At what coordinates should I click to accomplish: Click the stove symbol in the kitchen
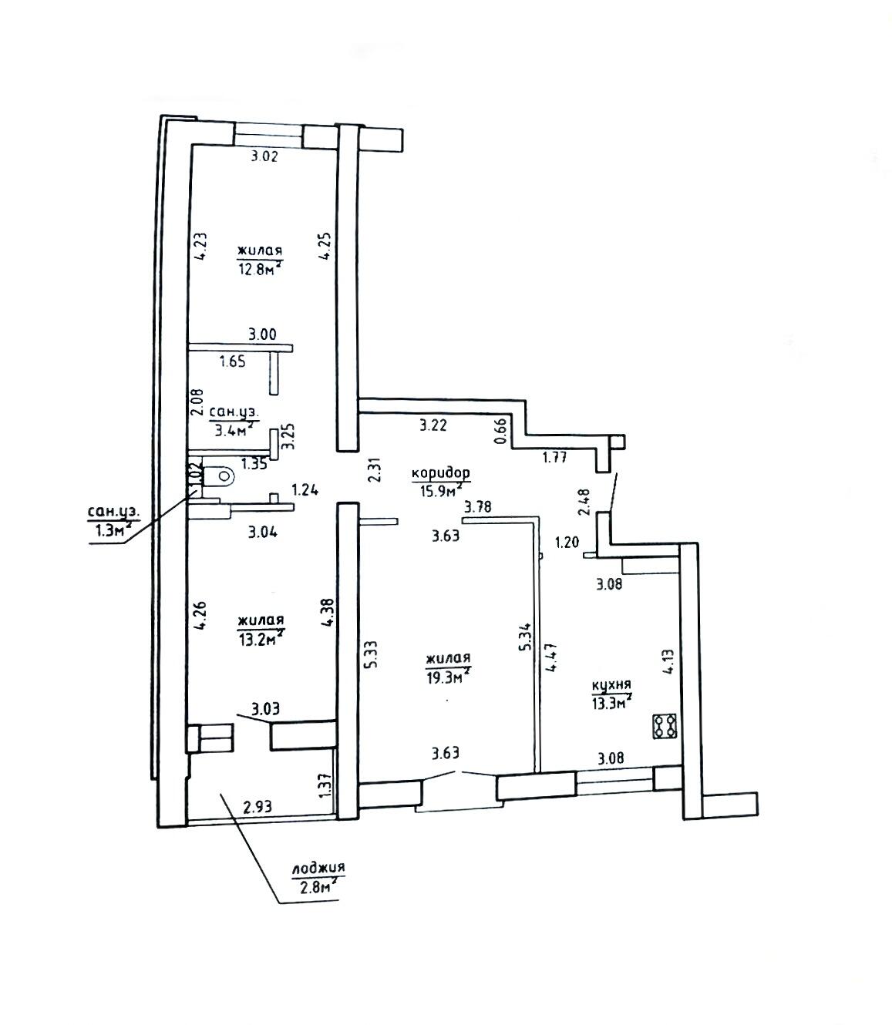tap(665, 726)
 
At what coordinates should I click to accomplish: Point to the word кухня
tap(611, 684)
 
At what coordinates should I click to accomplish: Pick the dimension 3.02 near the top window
tap(264, 156)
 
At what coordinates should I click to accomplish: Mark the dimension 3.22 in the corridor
tap(433, 426)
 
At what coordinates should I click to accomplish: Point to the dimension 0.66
tap(501, 432)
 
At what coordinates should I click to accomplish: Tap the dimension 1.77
tap(554, 456)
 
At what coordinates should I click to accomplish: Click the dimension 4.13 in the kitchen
tap(668, 662)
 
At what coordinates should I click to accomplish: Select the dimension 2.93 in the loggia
tap(257, 807)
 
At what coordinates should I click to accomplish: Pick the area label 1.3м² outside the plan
tap(111, 530)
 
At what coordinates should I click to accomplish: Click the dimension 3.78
tap(477, 507)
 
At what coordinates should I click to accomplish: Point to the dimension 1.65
tap(233, 361)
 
